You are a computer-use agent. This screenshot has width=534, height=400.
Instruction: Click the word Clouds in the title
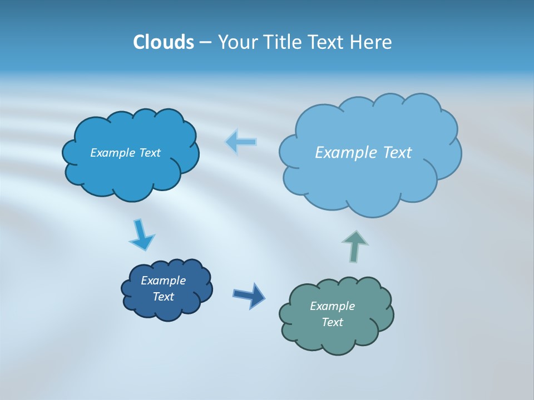[164, 42]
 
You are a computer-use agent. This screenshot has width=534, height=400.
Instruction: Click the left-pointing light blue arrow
[241, 142]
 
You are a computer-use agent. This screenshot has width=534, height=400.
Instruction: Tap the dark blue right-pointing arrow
[249, 295]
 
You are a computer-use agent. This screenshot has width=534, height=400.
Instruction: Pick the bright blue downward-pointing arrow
[141, 234]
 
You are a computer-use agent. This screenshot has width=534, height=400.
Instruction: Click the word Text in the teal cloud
[332, 322]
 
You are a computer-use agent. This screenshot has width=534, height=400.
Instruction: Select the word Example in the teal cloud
[332, 306]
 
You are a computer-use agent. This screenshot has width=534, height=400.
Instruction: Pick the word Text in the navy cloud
[163, 297]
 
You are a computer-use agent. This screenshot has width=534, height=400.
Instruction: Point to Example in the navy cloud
[163, 281]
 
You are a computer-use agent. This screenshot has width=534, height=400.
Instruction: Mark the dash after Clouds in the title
[205, 42]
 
